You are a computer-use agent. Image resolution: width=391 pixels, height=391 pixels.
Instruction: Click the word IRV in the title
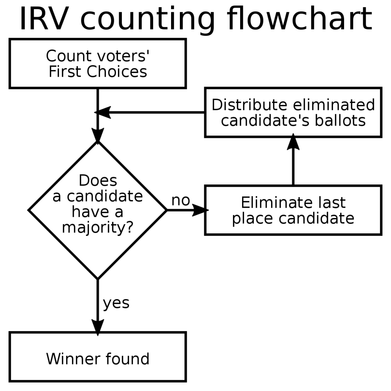(x=44, y=19)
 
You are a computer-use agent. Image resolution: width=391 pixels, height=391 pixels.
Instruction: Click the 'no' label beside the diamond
(x=181, y=200)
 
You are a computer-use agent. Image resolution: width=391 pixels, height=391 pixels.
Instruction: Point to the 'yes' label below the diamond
(x=116, y=303)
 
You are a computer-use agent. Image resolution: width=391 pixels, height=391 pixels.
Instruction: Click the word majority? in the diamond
(x=98, y=228)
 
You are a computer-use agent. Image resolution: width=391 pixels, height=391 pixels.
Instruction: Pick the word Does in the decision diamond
(x=98, y=180)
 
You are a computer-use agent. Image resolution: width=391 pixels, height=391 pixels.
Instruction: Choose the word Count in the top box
(x=68, y=56)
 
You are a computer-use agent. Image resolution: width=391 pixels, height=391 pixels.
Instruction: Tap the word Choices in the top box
(x=117, y=72)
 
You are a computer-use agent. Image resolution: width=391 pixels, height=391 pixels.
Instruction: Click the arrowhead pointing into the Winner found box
(x=98, y=327)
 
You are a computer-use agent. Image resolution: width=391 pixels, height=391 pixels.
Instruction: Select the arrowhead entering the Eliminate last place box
(x=200, y=210)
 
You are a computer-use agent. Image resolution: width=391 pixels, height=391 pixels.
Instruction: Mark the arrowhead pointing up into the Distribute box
(x=293, y=142)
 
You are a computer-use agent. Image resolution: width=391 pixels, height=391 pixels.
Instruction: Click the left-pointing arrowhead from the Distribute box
(x=102, y=113)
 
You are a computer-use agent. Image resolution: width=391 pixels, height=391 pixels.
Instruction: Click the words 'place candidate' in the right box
(x=293, y=219)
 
